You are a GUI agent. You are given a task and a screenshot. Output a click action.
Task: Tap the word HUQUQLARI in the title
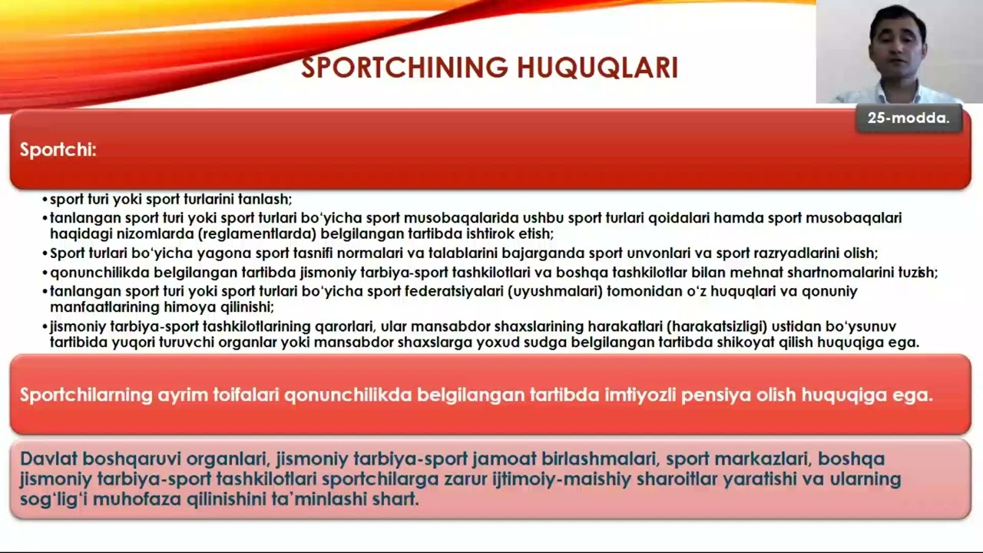(x=597, y=68)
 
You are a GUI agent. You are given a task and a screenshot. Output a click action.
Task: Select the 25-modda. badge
(x=909, y=118)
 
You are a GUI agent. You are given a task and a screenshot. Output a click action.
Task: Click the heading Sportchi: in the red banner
(x=58, y=150)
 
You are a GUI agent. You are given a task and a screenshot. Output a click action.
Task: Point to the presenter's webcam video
(x=899, y=51)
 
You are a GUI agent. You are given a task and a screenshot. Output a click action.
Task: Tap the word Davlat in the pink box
(x=48, y=459)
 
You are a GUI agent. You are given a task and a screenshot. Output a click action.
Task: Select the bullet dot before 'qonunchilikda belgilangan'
(x=45, y=273)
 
